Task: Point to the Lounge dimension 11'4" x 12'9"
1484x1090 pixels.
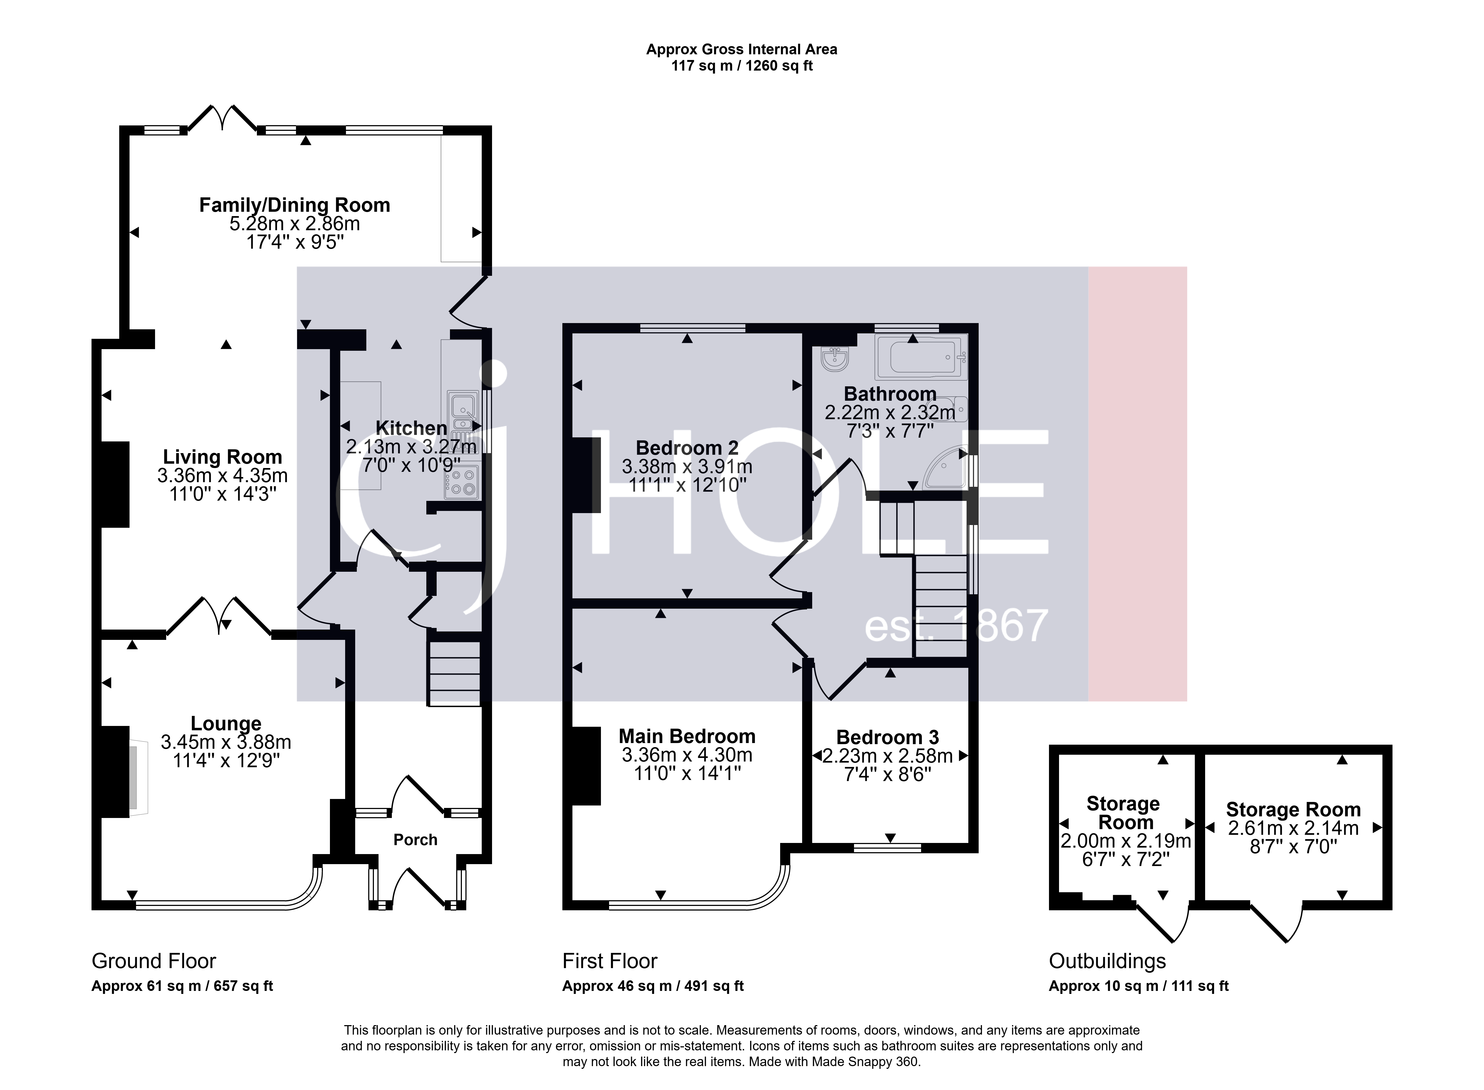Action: pos(226,761)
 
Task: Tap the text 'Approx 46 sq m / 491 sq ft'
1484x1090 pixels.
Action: pos(653,986)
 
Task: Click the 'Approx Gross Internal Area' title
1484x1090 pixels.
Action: pos(742,49)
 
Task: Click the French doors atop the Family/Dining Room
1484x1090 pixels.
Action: pos(222,119)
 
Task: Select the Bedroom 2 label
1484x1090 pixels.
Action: pos(687,448)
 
